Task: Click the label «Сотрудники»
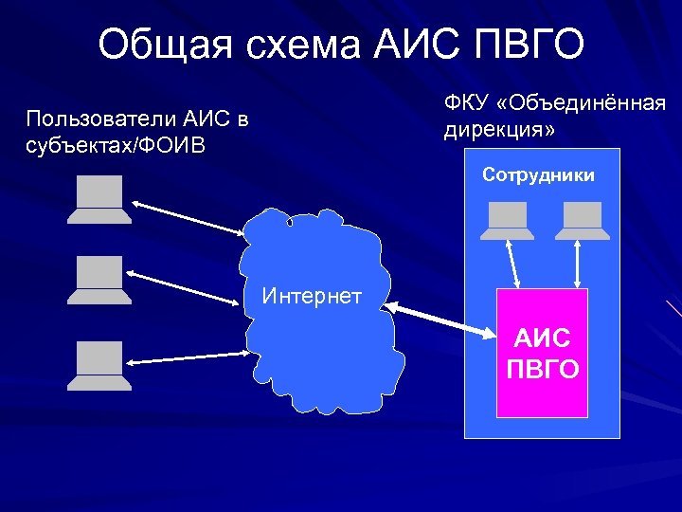538,174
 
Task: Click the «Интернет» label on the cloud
312,297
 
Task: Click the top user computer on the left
99,201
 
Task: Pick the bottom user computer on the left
99,365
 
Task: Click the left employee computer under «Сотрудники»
507,220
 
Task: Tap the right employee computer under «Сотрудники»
581,220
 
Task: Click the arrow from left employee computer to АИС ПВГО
512,263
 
